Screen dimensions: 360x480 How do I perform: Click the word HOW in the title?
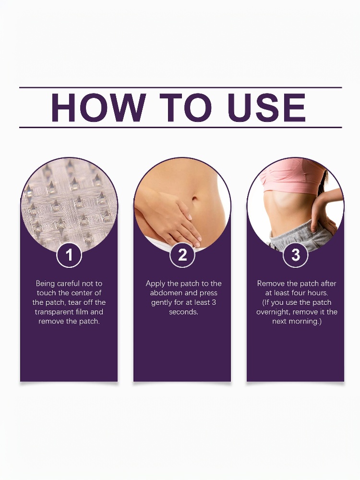point(98,108)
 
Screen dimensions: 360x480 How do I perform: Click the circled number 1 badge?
point(69,255)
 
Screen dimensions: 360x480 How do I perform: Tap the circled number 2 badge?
point(182,255)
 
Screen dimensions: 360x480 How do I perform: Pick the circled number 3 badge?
point(295,255)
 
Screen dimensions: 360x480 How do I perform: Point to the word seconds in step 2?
point(184,312)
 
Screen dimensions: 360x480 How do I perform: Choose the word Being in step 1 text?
point(45,284)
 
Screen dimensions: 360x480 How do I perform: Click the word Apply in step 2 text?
point(156,284)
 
